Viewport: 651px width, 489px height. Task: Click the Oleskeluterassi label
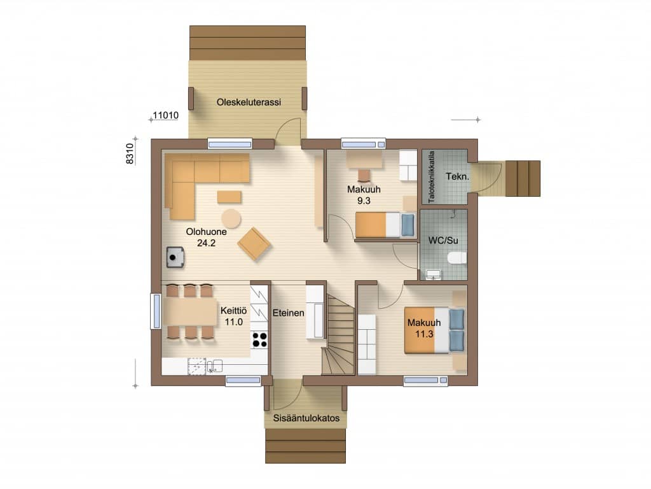[249, 102]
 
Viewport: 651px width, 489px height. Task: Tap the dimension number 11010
[166, 115]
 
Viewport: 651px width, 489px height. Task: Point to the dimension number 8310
[130, 153]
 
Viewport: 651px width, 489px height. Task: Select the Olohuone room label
[207, 232]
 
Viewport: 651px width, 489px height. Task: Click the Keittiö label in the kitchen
[233, 311]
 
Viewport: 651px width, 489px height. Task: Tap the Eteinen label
[288, 313]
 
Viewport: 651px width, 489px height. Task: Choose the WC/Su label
[443, 240]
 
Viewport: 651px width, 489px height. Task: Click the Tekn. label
[458, 176]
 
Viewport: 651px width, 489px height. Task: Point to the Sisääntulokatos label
[306, 418]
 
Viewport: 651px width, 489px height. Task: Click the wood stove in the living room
[175, 257]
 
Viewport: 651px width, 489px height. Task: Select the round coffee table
[231, 219]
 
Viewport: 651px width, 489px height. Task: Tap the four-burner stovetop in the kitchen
[260, 340]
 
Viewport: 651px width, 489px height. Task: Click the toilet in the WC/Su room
[457, 258]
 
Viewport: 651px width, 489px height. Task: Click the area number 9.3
[364, 201]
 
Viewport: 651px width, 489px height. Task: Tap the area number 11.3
[424, 334]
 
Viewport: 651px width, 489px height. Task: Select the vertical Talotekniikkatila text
[432, 177]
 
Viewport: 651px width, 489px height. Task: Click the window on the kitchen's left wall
[156, 311]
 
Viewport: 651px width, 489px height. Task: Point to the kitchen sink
[215, 366]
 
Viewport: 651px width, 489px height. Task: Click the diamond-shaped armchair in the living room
[254, 244]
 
